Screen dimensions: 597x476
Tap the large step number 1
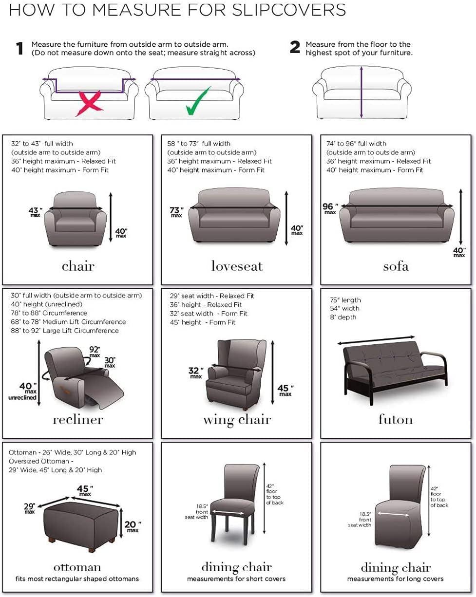coord(19,48)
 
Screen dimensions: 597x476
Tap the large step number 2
coord(295,48)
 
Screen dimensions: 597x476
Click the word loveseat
coord(237,266)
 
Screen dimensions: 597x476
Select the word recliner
coord(78,419)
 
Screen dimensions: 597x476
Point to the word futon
coord(396,419)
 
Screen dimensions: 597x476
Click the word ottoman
coord(77,567)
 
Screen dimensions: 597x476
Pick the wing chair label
coord(237,419)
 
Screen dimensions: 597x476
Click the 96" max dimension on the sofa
coord(329,208)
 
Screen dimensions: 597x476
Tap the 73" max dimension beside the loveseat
coord(176,212)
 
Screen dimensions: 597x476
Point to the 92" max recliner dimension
coord(94,351)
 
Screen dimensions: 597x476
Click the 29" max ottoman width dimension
coord(30,507)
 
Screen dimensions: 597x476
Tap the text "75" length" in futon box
coord(345,300)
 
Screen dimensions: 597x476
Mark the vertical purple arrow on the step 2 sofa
coord(361,93)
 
